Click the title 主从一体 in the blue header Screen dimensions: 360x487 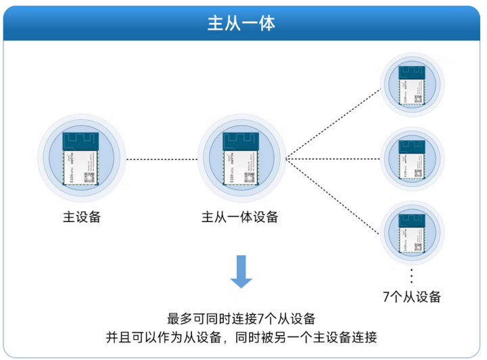pyautogui.click(x=243, y=24)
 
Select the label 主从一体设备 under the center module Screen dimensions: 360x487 pyautogui.click(x=240, y=218)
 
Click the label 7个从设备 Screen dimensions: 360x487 pyautogui.click(x=412, y=297)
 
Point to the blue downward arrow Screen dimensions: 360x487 pyautogui.click(x=241, y=271)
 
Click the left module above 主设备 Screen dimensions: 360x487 pyautogui.click(x=80, y=159)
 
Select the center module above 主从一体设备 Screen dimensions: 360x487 pyautogui.click(x=241, y=159)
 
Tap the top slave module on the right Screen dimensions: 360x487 pyautogui.click(x=412, y=85)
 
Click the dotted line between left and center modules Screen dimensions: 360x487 pyautogui.click(x=161, y=160)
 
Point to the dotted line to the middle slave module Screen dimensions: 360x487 pyautogui.click(x=331, y=160)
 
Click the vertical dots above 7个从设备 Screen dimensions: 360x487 pyautogui.click(x=412, y=275)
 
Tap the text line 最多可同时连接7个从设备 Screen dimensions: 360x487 pyautogui.click(x=241, y=319)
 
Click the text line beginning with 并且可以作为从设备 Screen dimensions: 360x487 pyautogui.click(x=241, y=337)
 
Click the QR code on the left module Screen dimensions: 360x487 pyautogui.click(x=89, y=177)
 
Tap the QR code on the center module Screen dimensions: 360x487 pyautogui.click(x=249, y=177)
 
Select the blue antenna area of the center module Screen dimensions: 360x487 pyautogui.click(x=241, y=141)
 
